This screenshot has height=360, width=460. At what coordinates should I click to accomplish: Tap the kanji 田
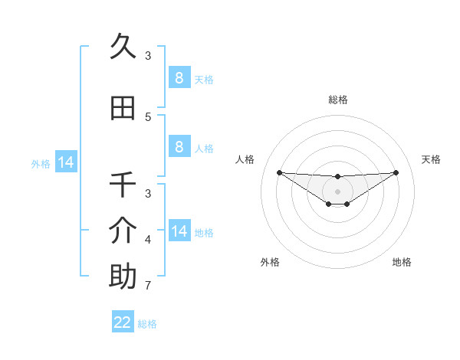point(123,109)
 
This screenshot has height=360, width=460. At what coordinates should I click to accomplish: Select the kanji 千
point(123,185)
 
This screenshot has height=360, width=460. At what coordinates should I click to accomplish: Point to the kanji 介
point(123,231)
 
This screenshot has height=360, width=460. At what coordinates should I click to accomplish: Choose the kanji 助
point(123,277)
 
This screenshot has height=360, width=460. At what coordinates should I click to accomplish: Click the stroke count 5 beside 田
point(148,117)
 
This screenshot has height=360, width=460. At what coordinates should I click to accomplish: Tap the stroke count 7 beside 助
point(148,286)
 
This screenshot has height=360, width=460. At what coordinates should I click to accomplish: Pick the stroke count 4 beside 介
point(148,240)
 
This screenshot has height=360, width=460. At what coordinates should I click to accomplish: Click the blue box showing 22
point(123,322)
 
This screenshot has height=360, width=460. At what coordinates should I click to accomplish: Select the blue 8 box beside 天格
point(179,78)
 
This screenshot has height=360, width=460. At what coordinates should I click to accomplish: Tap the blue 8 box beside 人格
point(179,147)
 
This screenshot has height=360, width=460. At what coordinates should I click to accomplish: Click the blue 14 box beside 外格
point(66,162)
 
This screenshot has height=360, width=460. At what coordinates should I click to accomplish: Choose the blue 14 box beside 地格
point(179,231)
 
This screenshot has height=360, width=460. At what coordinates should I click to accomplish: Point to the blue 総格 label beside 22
point(147,324)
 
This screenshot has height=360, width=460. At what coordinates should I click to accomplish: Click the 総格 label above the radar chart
point(337,100)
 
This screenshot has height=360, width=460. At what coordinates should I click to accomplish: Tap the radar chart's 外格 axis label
point(270,262)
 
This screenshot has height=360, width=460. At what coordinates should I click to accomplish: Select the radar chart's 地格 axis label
point(402,262)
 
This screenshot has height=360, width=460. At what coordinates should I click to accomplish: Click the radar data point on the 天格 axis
point(396,172)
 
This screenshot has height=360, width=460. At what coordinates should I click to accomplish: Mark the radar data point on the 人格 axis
point(279,172)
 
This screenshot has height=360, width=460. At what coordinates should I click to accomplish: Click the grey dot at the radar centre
point(337,191)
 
